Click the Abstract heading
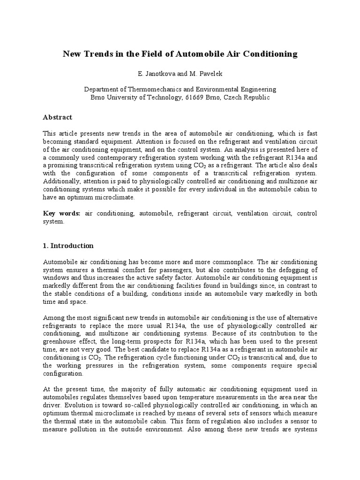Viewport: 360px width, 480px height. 58,117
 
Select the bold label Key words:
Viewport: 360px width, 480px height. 62,214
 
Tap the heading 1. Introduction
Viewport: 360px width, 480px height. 68,246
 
